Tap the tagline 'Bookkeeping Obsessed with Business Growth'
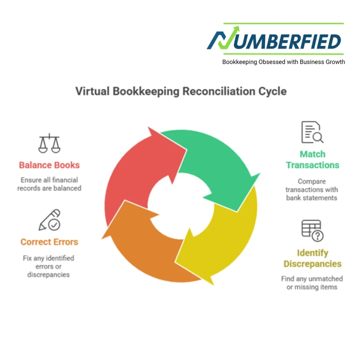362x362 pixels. click(x=283, y=62)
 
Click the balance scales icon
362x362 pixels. click(x=49, y=144)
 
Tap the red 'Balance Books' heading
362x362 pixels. click(x=49, y=165)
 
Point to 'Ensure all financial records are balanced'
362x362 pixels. click(x=49, y=184)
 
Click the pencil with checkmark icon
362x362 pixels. click(x=49, y=220)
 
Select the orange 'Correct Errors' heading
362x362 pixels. click(x=49, y=242)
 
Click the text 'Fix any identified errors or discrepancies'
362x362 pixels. click(x=48, y=266)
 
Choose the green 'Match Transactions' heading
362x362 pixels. click(x=313, y=160)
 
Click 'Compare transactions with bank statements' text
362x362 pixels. click(x=312, y=189)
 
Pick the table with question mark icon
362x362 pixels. click(x=312, y=230)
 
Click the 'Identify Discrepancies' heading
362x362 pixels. click(x=313, y=258)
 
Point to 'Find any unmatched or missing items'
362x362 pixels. click(x=312, y=283)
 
